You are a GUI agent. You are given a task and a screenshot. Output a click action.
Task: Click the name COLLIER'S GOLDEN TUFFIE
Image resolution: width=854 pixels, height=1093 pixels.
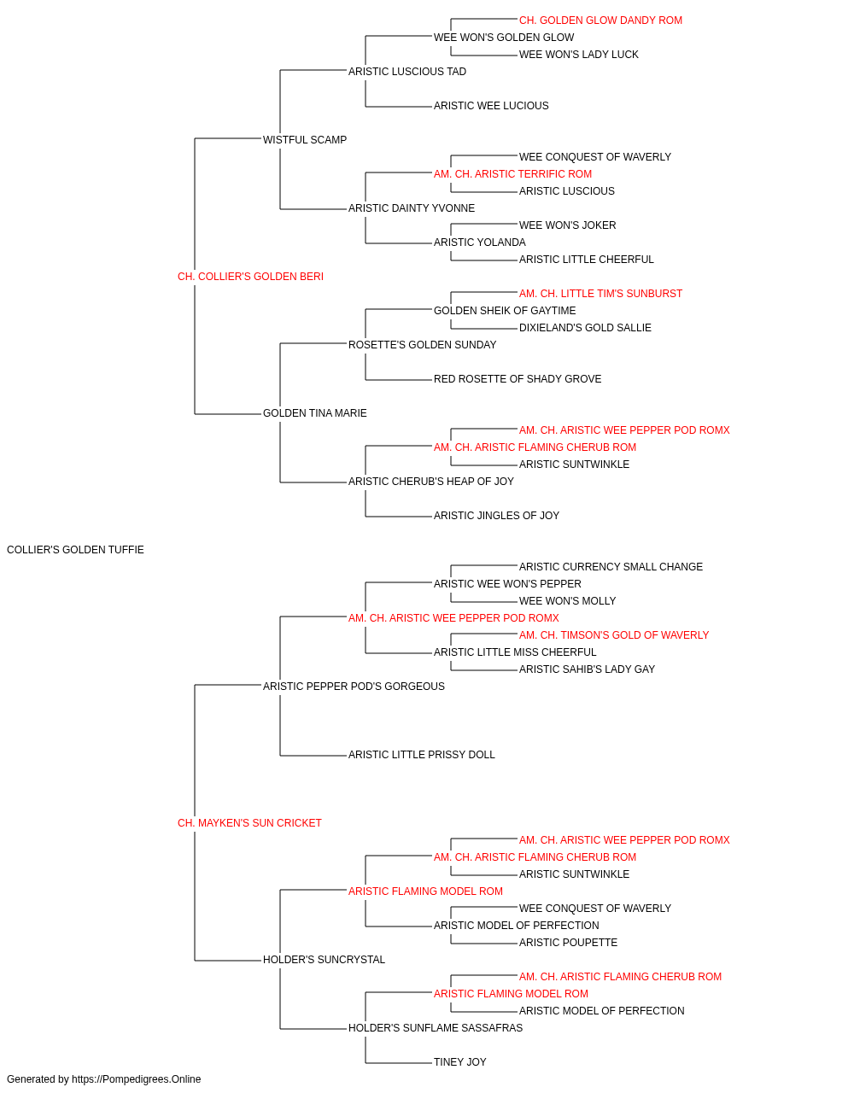tap(75, 550)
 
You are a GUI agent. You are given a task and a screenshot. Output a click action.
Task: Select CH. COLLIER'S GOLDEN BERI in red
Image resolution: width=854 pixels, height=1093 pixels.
tap(250, 277)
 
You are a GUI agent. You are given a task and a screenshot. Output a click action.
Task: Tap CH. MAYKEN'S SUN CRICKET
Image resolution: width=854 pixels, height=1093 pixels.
tap(249, 823)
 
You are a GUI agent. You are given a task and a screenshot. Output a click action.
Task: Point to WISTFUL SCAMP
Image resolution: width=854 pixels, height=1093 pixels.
tap(305, 140)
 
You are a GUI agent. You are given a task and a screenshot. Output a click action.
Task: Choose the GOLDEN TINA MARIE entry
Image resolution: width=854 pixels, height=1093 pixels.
tap(315, 413)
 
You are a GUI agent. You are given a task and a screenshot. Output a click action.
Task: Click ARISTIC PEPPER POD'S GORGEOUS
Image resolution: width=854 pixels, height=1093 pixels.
tap(354, 686)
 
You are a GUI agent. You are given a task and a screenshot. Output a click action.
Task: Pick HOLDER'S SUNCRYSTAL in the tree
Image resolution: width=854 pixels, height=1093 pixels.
tap(324, 960)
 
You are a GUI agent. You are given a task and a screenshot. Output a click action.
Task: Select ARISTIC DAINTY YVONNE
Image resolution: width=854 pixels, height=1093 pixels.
tap(412, 208)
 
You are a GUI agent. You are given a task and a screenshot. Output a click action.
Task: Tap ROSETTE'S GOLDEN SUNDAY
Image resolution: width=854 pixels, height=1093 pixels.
tap(423, 344)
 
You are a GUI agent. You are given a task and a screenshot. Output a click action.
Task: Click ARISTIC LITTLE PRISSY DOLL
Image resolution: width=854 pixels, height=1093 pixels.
tap(422, 755)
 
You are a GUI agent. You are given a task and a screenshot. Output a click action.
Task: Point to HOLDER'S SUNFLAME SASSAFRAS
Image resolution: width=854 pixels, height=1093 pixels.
tap(436, 1028)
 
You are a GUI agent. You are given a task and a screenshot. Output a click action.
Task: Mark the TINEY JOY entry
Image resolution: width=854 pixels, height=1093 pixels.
tap(460, 1062)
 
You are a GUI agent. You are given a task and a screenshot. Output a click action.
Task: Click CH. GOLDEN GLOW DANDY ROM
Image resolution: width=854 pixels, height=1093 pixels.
tap(600, 20)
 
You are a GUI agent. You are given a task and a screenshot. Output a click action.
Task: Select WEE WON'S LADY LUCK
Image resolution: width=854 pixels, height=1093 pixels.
tap(579, 55)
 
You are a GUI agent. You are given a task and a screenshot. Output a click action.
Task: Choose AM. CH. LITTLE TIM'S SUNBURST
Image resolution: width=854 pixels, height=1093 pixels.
tap(600, 293)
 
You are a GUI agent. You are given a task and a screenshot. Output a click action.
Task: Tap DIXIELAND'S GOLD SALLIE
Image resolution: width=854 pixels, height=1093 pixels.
tap(586, 327)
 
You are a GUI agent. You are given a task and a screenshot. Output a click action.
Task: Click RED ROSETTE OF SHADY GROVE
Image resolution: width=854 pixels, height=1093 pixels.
tap(518, 379)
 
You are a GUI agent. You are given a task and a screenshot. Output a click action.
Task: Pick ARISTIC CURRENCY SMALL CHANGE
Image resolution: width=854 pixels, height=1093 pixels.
tap(611, 567)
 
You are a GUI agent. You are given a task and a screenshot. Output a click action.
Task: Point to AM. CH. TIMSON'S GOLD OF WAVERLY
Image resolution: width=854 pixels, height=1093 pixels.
tap(614, 635)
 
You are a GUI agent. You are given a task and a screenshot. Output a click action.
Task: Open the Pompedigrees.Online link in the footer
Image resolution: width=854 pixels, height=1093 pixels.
tap(137, 1079)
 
